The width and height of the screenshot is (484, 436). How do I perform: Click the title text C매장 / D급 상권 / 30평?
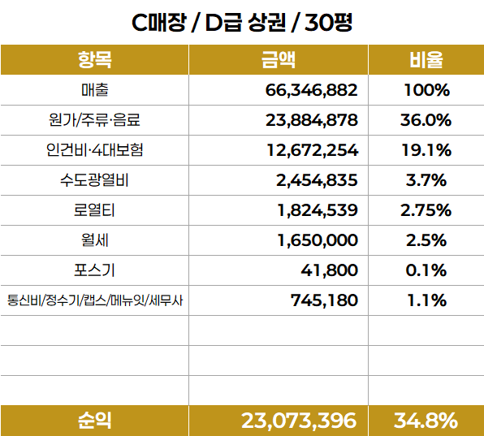pyautogui.click(x=242, y=23)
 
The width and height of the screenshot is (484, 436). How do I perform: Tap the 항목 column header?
pyautogui.click(x=94, y=59)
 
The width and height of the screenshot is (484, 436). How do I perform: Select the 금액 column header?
pyautogui.click(x=279, y=59)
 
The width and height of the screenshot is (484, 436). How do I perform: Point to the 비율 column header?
pyautogui.click(x=426, y=59)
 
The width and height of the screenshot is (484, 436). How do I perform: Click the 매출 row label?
pyautogui.click(x=95, y=90)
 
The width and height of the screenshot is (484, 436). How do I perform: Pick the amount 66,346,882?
pyautogui.click(x=311, y=90)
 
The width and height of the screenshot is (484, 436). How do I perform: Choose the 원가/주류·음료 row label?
pyautogui.click(x=94, y=119)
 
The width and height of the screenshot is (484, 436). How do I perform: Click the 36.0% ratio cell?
pyautogui.click(x=426, y=120)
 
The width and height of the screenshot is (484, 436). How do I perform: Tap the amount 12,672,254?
pyautogui.click(x=312, y=150)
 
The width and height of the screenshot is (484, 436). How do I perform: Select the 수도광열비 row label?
pyautogui.click(x=94, y=180)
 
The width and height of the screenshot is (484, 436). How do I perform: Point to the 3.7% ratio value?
pyautogui.click(x=426, y=180)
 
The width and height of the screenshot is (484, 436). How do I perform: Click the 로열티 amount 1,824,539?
pyautogui.click(x=318, y=210)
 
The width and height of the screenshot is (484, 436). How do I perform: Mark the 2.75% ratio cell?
pyautogui.click(x=426, y=210)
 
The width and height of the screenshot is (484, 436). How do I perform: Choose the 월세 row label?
pyautogui.click(x=95, y=240)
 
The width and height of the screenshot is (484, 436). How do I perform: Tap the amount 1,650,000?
pyautogui.click(x=318, y=240)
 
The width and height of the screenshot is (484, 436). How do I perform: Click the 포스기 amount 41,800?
pyautogui.click(x=330, y=270)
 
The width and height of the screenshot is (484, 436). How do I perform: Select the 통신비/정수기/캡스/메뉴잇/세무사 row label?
pyautogui.click(x=95, y=300)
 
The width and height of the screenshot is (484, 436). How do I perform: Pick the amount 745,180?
pyautogui.click(x=324, y=300)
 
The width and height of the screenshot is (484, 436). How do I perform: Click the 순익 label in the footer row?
pyautogui.click(x=94, y=421)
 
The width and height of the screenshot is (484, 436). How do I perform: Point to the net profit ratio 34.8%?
pyautogui.click(x=426, y=421)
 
